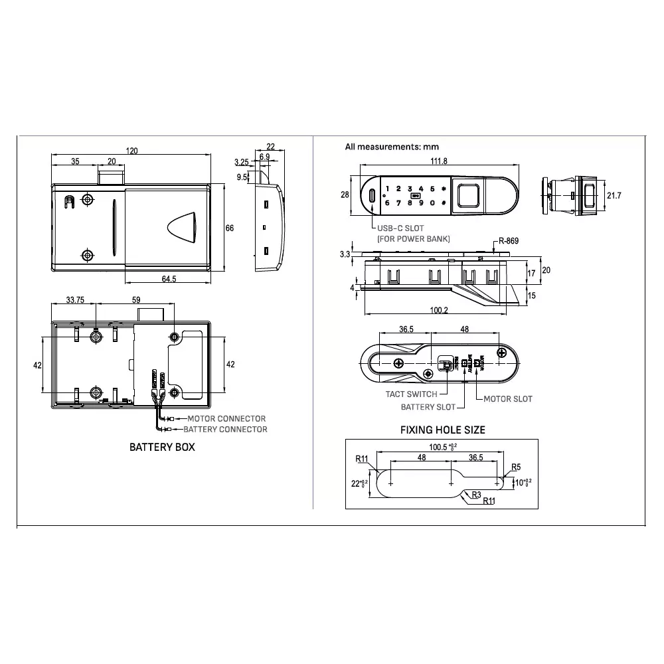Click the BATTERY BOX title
[x=162, y=447]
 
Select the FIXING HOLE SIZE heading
[x=442, y=430]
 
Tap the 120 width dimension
[x=131, y=151]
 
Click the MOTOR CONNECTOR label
[x=226, y=418]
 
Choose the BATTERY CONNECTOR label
[x=225, y=430]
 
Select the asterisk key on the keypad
[x=443, y=189]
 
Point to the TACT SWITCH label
[x=412, y=394]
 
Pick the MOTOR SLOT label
[x=507, y=398]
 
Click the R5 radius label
[x=515, y=467]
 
